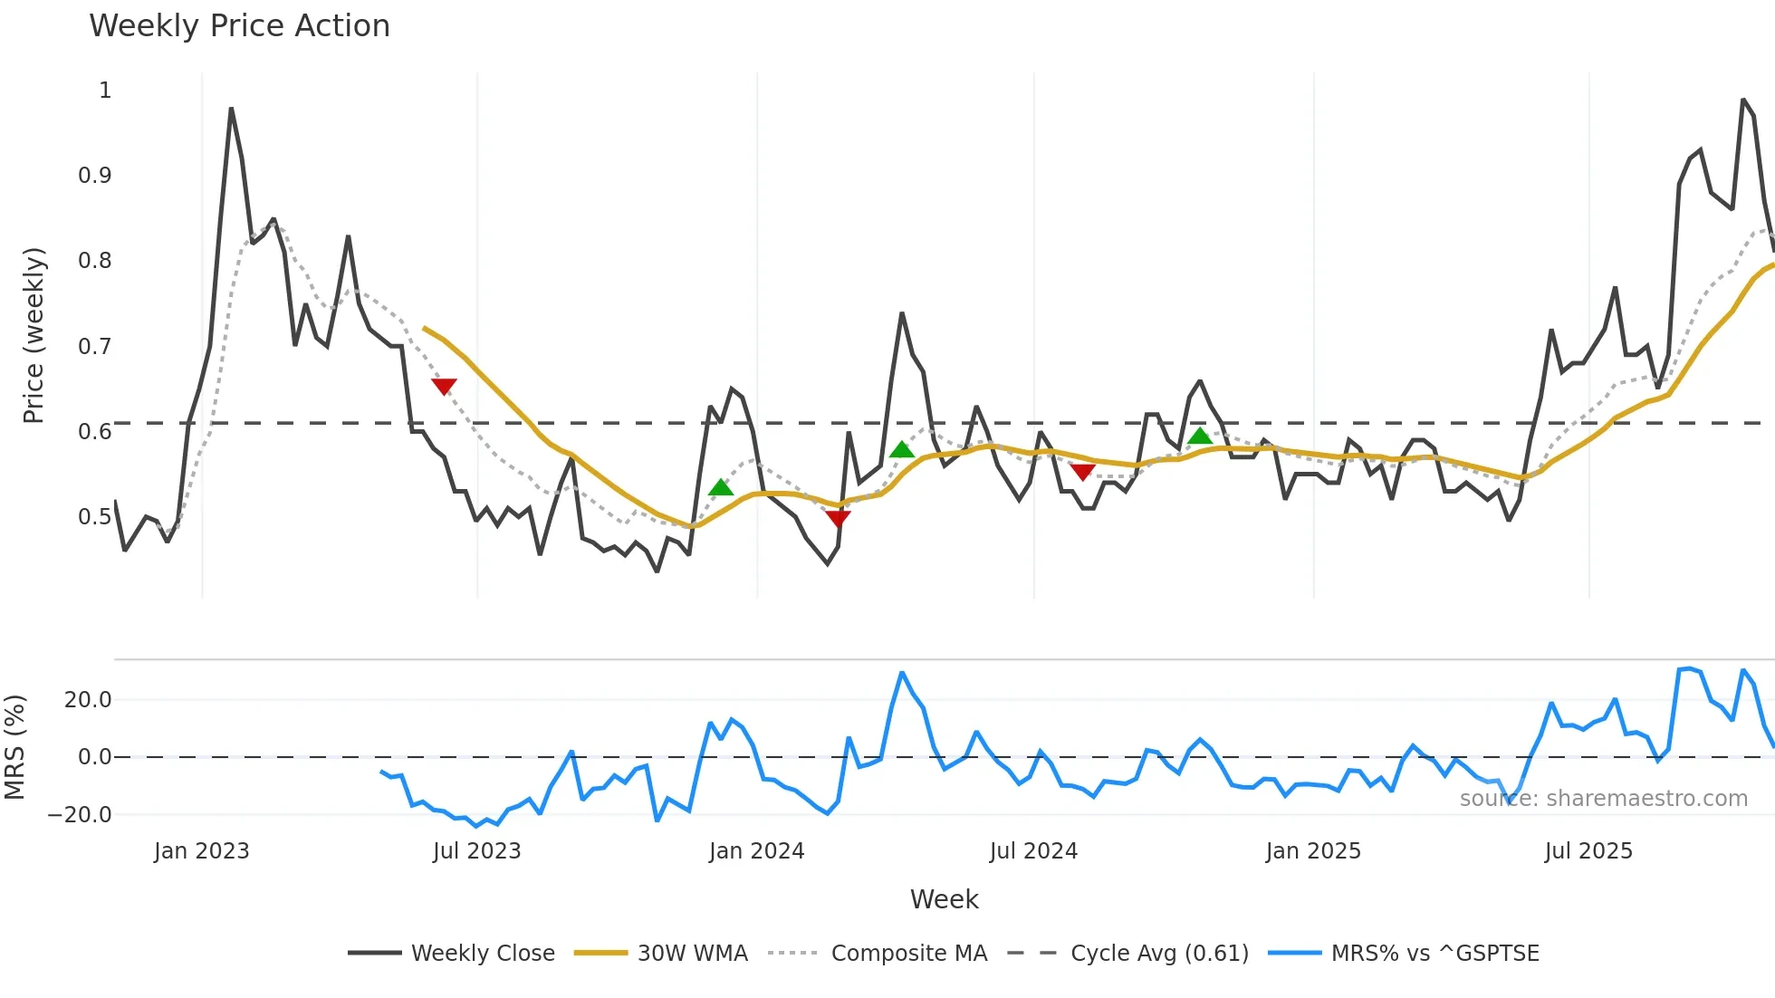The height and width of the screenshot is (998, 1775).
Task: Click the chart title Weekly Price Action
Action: [239, 26]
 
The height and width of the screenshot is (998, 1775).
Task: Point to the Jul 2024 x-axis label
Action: [1033, 851]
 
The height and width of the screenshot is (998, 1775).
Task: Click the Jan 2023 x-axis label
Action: [201, 851]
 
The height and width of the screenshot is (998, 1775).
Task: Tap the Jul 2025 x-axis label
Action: [1588, 851]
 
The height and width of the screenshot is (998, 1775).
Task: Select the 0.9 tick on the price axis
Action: [95, 176]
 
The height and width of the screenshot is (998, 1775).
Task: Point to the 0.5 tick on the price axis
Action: [95, 517]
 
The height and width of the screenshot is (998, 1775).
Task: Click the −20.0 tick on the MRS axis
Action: [80, 815]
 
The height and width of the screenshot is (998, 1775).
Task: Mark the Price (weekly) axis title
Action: [34, 335]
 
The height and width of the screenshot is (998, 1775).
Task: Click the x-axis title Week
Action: [944, 899]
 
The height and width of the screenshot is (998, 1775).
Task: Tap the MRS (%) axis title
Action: [14, 747]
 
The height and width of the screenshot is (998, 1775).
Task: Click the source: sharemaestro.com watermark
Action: [1603, 799]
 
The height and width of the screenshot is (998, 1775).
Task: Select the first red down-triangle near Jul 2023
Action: [444, 387]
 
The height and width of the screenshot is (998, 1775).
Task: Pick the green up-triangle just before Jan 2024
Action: [721, 488]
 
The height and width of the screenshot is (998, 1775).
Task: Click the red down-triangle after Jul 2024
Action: [1082, 472]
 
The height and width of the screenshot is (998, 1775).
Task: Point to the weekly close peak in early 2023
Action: [231, 109]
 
